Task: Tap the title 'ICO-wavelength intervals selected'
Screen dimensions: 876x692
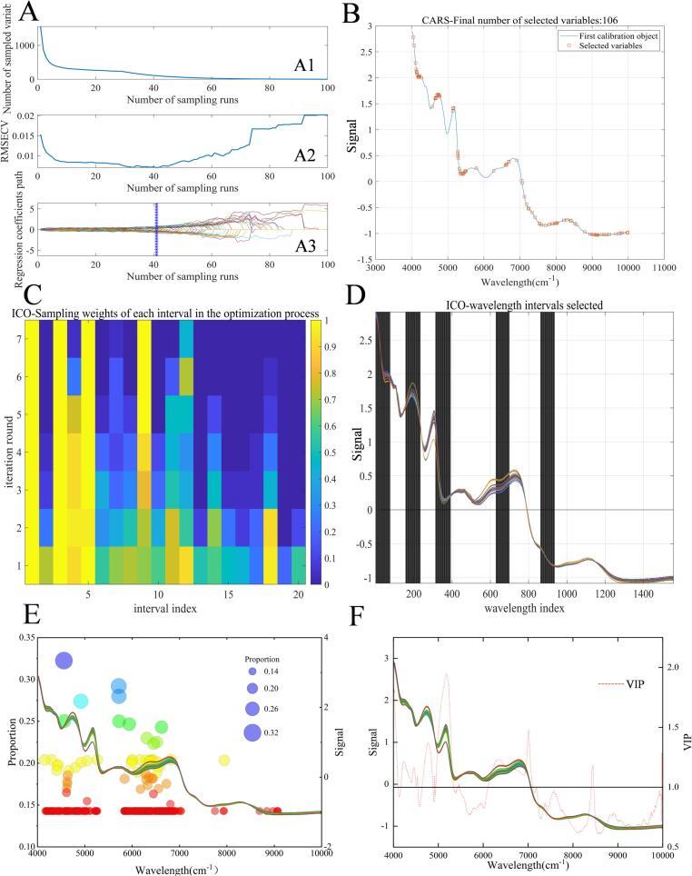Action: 524,303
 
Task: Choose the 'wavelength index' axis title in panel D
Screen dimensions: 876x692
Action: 524,607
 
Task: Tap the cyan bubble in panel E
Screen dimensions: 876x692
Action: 81,701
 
